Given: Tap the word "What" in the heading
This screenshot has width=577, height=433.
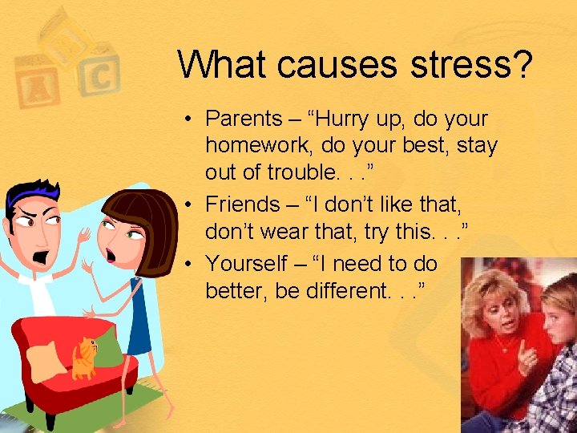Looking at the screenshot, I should point(224,64).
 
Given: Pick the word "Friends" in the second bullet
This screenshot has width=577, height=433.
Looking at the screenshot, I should point(240,204).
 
